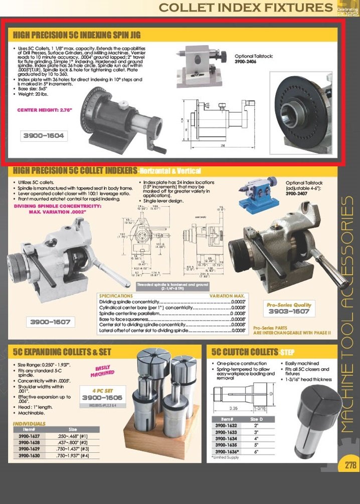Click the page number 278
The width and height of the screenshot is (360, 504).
coord(350,465)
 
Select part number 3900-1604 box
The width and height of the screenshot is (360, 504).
coord(44,135)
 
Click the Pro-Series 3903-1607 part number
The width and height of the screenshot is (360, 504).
coord(288,311)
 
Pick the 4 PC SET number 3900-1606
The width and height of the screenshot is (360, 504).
coord(102,397)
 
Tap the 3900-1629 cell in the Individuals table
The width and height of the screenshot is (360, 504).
coord(29,449)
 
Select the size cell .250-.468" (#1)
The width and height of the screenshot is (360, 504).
coord(73,436)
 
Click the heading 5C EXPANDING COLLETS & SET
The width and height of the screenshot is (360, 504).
coord(62,352)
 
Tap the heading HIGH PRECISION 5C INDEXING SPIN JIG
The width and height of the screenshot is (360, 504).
coord(77,35)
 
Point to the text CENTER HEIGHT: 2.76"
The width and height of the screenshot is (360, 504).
coord(45,110)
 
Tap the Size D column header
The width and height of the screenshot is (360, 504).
coord(255,418)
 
